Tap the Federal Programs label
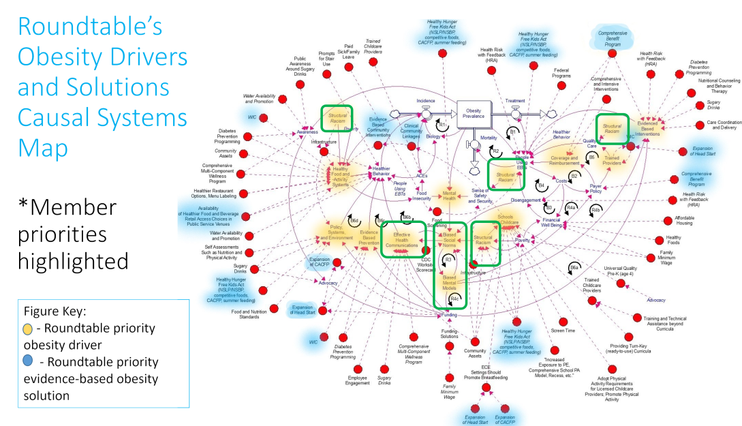pyautogui.click(x=561, y=73)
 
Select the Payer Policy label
pyautogui.click(x=596, y=188)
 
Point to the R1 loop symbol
pyautogui.click(x=442, y=125)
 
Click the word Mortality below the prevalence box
pyautogui.click(x=489, y=138)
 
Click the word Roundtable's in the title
pyautogui.click(x=89, y=27)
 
